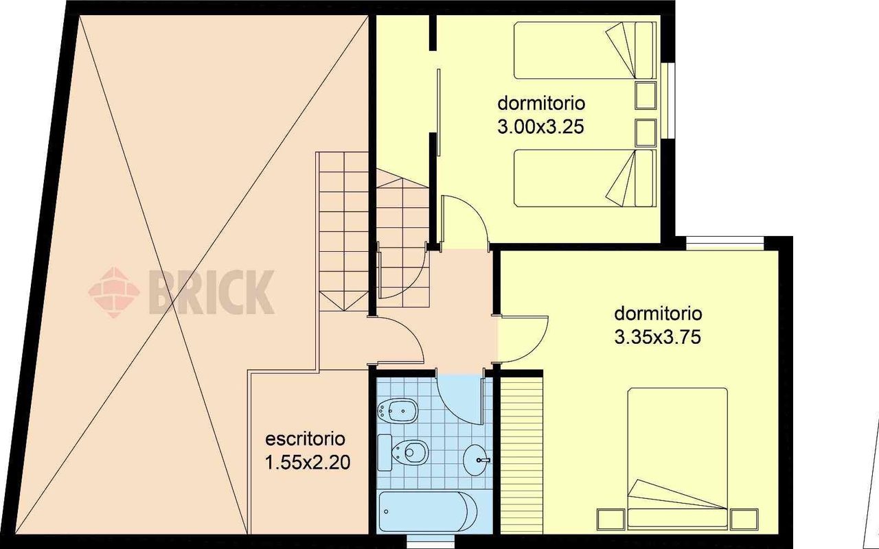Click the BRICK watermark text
coord(211,292)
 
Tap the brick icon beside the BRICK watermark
coord(114,292)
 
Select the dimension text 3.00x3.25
coord(540,127)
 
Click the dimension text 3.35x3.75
coord(657,337)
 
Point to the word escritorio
coord(306,439)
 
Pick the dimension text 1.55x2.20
coord(308,463)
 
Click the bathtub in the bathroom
coord(428,511)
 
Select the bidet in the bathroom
coord(396,410)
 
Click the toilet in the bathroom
coord(402,452)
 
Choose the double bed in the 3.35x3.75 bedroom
coord(677,457)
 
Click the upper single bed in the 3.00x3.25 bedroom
coord(584,50)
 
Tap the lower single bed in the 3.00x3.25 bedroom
coord(584,178)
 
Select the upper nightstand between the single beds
coord(646,95)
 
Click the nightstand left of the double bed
coord(611,518)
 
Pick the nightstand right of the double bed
coord(744,518)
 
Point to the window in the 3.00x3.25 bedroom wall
coord(668,100)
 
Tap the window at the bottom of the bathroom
coord(431,542)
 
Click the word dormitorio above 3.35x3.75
coord(658,314)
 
